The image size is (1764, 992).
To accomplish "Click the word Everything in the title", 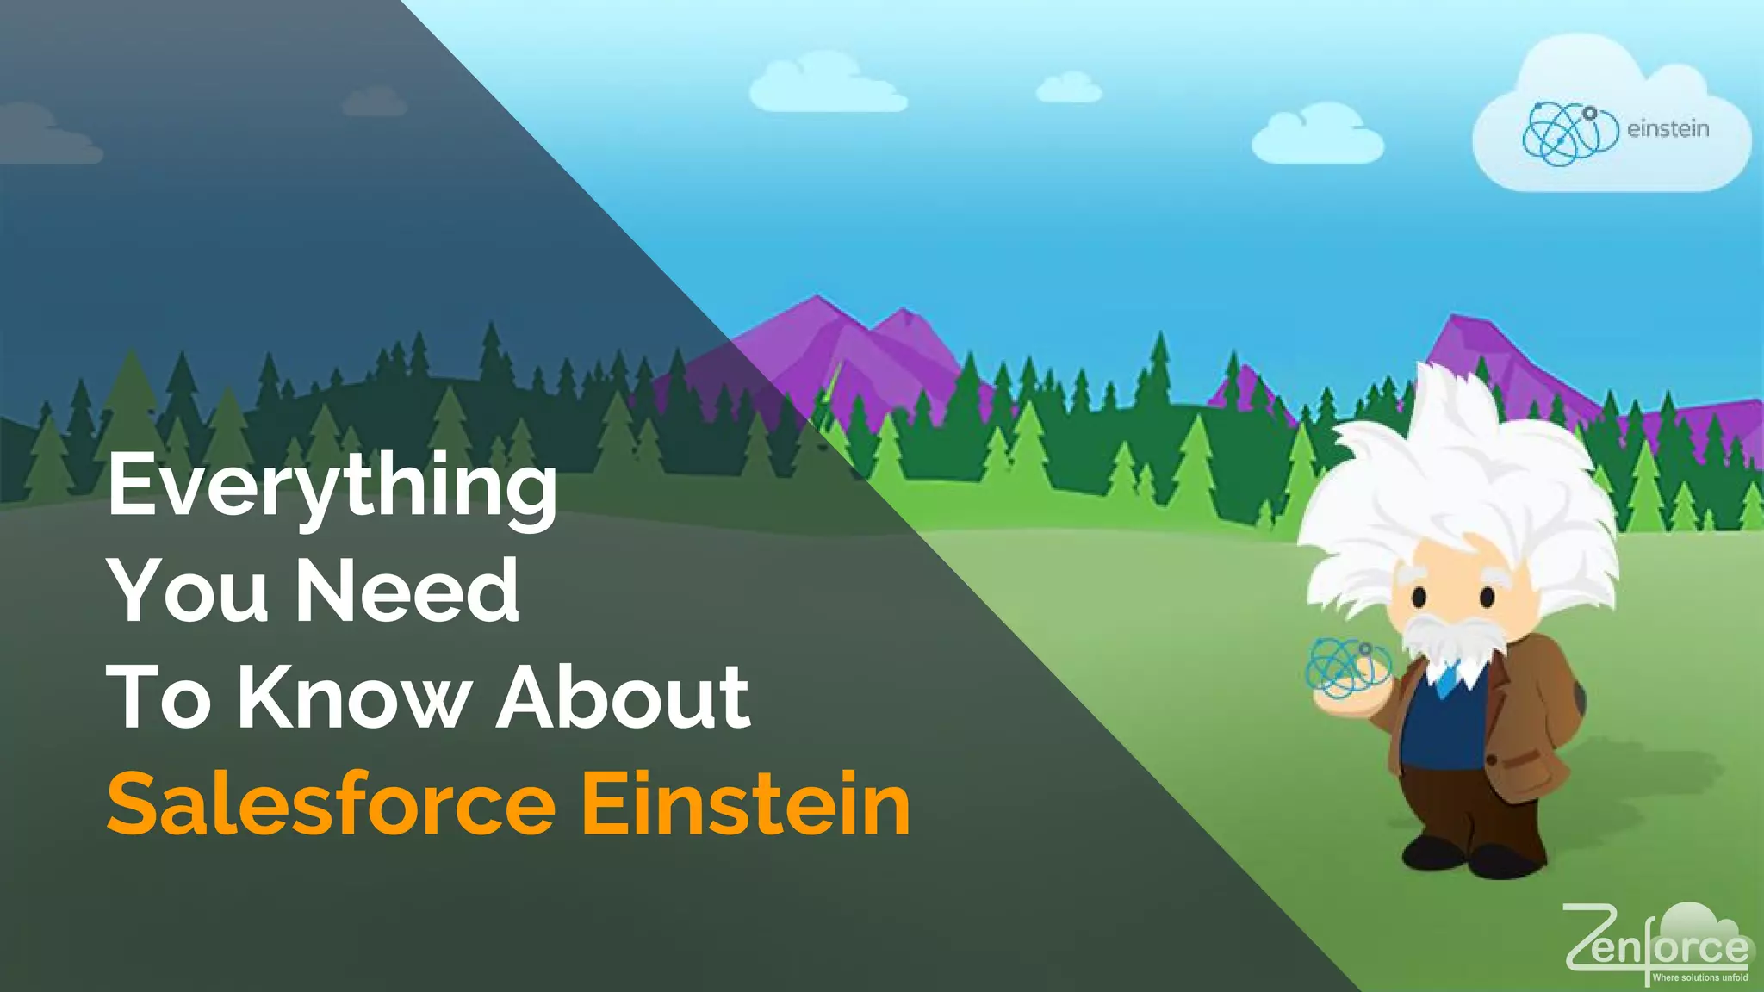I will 332,487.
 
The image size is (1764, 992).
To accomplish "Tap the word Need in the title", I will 407,591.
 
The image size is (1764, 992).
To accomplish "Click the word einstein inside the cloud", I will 1668,129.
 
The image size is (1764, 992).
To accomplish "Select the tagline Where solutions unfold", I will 1699,977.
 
